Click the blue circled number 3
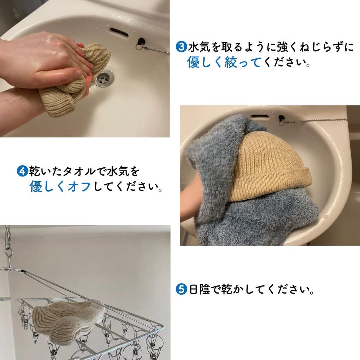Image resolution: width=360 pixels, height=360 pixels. (181, 47)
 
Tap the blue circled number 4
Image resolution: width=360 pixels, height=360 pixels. (22, 171)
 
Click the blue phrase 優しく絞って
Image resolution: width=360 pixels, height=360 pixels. (224, 63)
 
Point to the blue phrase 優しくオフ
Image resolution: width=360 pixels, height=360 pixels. (60, 187)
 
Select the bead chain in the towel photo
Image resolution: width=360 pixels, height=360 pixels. (316, 121)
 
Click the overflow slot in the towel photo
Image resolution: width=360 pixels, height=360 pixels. (260, 116)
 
